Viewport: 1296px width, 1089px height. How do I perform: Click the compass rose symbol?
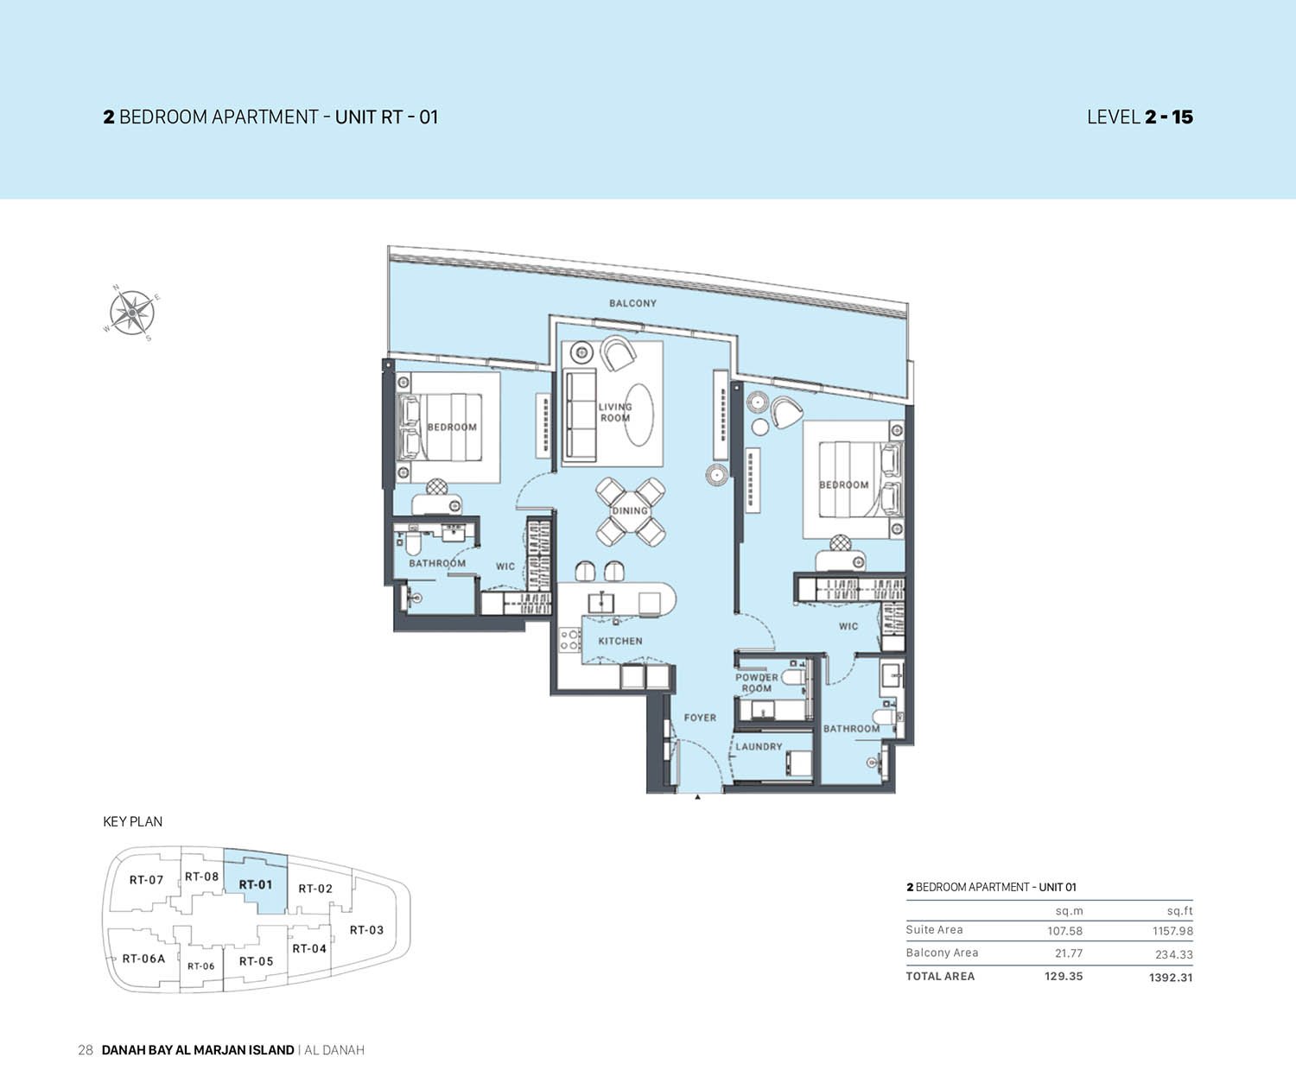[x=130, y=311]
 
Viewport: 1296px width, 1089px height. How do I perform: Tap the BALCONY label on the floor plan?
[x=632, y=303]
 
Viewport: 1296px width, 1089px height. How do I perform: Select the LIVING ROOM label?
[x=615, y=412]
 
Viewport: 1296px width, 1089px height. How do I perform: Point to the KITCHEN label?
[x=620, y=641]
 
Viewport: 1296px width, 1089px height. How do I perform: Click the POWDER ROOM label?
[x=756, y=683]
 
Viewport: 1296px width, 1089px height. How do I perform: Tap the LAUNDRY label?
[x=759, y=747]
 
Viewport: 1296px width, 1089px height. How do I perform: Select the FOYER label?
[x=700, y=718]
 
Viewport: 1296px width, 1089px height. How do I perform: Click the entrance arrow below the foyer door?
[x=697, y=798]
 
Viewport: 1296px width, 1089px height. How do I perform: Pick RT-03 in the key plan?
[x=366, y=930]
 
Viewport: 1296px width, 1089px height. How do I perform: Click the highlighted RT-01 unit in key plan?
[x=256, y=884]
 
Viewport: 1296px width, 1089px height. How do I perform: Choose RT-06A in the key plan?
[x=143, y=959]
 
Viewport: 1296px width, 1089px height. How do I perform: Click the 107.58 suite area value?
[x=1064, y=931]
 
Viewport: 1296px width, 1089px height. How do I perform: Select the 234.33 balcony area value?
[x=1173, y=954]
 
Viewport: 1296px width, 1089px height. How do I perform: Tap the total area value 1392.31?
[x=1171, y=978]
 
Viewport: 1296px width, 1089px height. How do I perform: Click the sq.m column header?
[x=1069, y=911]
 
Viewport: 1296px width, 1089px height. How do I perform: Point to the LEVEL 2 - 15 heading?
[x=1139, y=117]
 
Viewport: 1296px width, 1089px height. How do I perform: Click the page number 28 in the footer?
[x=85, y=1050]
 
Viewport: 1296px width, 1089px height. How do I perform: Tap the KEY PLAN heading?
[x=132, y=821]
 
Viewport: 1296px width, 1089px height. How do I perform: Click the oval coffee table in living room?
[x=639, y=415]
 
